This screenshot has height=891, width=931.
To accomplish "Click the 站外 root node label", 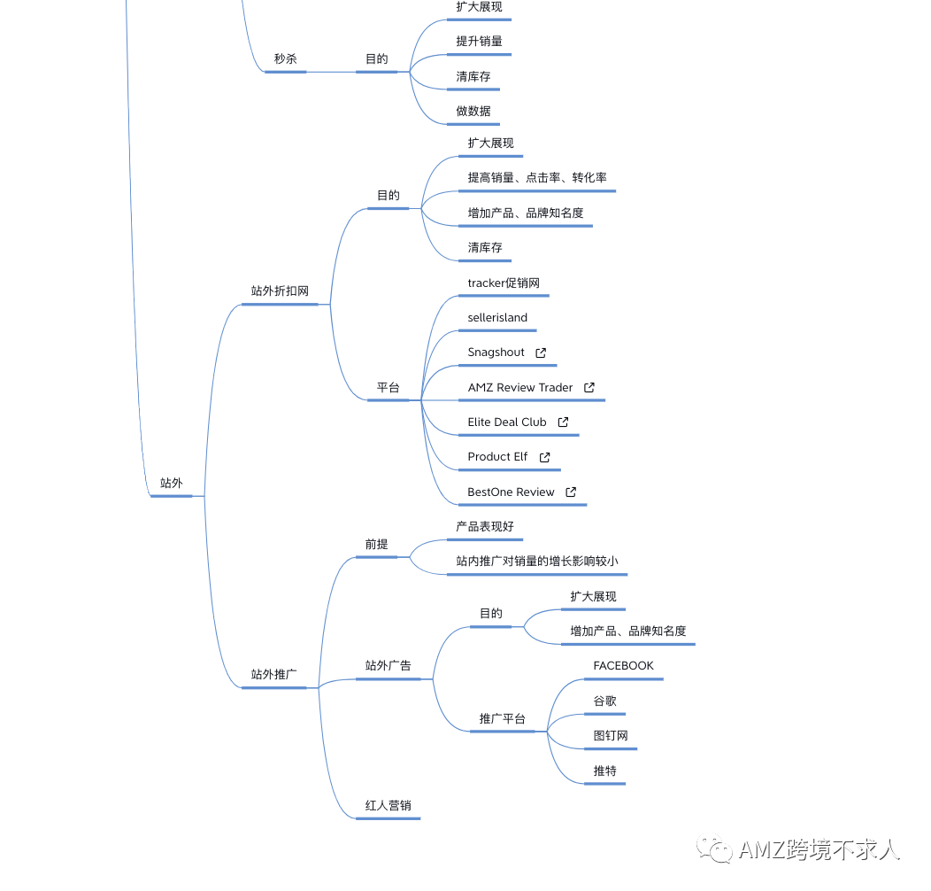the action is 172,484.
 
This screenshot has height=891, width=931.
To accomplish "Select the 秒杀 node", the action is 286,58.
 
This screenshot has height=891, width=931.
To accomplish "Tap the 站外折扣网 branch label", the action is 280,291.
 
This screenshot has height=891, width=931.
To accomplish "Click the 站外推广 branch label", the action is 273,674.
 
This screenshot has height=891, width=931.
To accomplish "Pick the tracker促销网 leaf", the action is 504,283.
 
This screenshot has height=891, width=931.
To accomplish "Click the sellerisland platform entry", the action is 497,317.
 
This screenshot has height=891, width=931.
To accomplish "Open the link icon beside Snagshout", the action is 541,353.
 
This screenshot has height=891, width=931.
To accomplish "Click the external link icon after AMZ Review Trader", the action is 589,388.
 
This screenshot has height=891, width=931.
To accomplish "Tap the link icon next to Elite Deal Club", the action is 563,422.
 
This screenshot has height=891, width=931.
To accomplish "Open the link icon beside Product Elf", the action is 544,457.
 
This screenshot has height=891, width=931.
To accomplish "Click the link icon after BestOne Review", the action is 571,492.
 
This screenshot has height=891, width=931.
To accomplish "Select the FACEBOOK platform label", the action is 623,666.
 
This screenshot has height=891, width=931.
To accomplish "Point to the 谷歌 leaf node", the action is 605,701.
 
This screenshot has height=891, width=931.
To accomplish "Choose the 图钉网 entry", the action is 611,735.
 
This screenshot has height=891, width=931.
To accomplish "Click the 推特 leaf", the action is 605,771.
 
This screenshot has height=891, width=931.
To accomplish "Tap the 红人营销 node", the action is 388,805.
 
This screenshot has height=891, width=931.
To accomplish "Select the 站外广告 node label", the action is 388,665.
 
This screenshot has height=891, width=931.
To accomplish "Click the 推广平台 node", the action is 503,718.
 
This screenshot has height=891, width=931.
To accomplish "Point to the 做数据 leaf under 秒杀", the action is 473,111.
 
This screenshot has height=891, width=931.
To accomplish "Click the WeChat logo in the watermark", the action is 714,848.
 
